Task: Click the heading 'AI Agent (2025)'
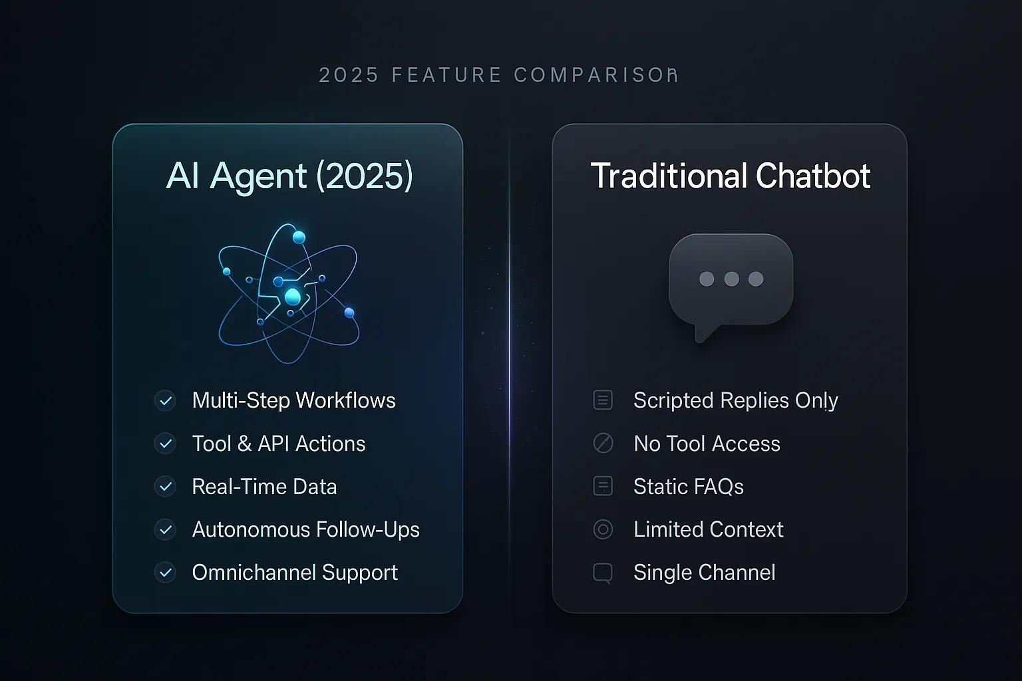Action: (289, 176)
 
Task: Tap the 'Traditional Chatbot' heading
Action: (730, 176)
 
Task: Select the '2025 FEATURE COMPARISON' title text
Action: (498, 75)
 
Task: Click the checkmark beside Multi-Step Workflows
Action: (165, 401)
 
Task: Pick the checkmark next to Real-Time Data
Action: (165, 487)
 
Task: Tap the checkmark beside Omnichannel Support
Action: (165, 573)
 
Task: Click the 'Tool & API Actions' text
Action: (278, 444)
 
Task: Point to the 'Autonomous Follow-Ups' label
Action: (305, 529)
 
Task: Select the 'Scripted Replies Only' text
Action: (735, 400)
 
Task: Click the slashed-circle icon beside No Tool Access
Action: (603, 444)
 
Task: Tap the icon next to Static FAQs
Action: (603, 487)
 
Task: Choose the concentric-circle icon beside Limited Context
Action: (603, 529)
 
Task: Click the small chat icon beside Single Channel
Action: (603, 573)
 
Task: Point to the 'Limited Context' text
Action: (708, 529)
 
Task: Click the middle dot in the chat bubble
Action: (731, 279)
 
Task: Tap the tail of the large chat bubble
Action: (703, 333)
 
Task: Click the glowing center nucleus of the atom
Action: (293, 297)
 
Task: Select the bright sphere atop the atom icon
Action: (299, 237)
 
